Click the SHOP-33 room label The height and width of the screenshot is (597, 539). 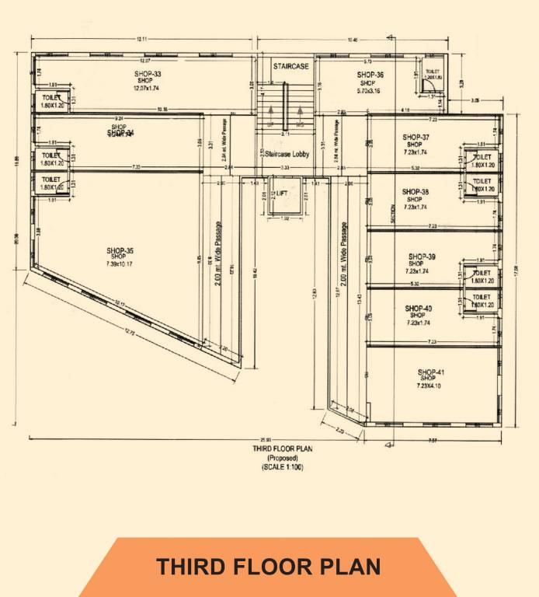coord(146,74)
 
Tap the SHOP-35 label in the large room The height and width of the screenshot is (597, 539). coord(120,250)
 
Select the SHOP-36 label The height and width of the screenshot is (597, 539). coord(370,75)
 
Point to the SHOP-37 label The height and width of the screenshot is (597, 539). coord(416,137)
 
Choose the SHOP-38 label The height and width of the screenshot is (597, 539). coord(416,191)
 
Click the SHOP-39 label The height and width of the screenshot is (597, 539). coord(420,256)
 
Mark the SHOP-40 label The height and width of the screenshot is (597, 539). coord(419,308)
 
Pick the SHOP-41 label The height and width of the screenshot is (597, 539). coord(432,372)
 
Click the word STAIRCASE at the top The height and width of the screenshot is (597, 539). coord(285,66)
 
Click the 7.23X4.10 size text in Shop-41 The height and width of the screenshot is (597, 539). coord(433,386)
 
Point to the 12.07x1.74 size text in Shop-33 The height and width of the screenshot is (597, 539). coord(146,88)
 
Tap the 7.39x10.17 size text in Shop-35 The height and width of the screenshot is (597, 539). coord(120,264)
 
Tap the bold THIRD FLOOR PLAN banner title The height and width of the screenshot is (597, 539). coord(268,567)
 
